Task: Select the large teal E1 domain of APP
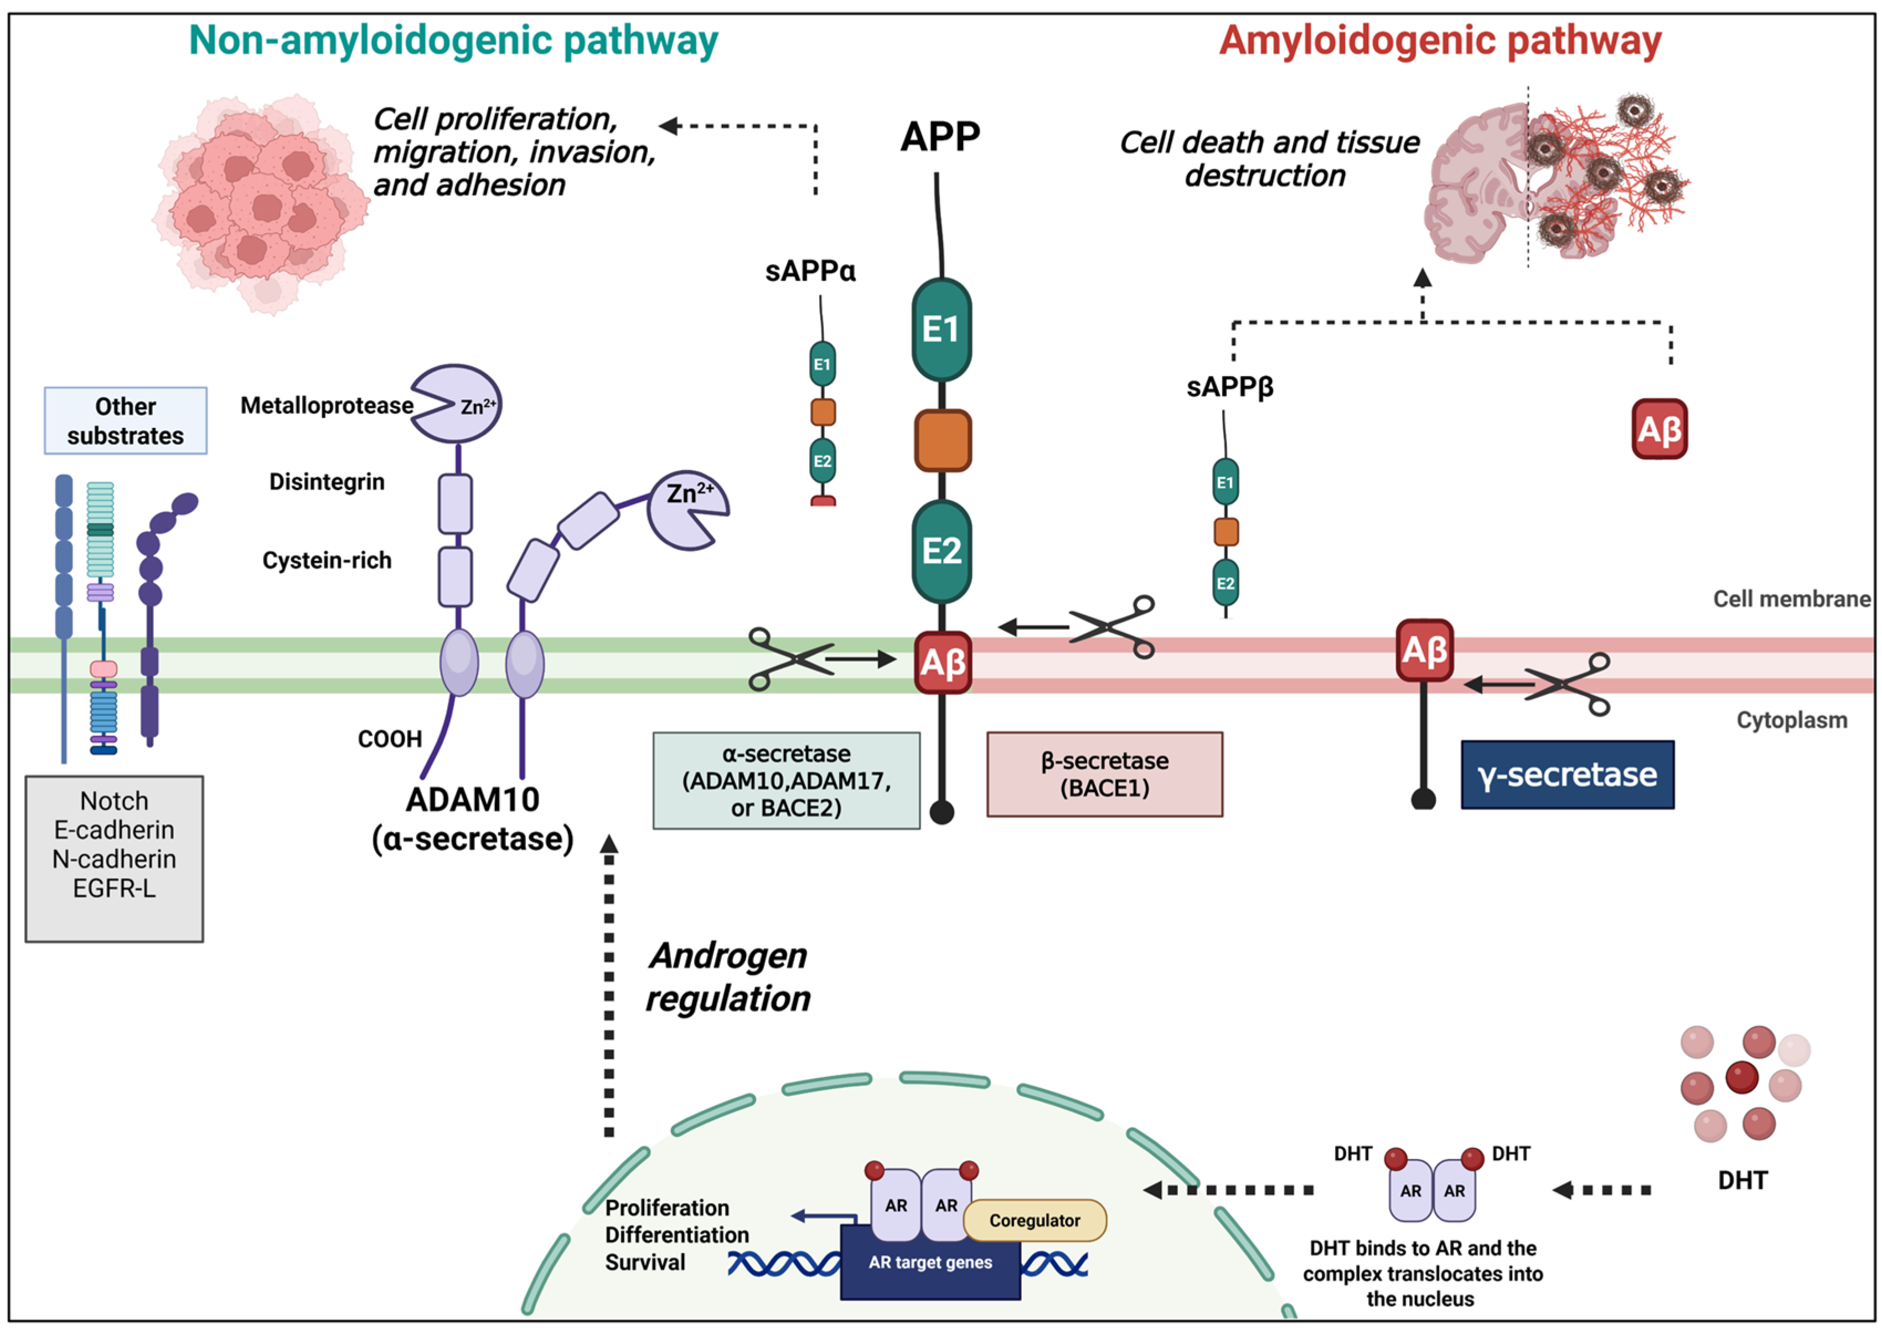(941, 329)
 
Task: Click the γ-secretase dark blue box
(1566, 774)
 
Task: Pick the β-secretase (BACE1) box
(1104, 774)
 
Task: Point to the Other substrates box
(126, 421)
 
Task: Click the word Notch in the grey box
(114, 801)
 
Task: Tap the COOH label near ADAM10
(390, 739)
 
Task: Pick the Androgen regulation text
(727, 977)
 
